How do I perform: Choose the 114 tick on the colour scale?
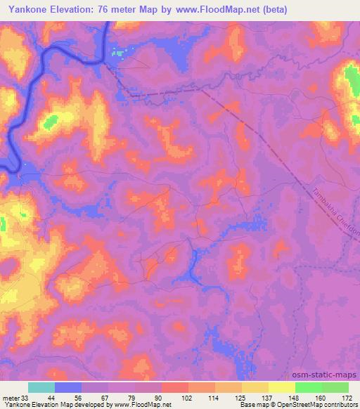(x=214, y=397)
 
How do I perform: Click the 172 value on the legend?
(x=347, y=397)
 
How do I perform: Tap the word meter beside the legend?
(x=10, y=397)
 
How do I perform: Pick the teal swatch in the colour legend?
(x=41, y=387)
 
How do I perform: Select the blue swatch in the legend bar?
(x=68, y=387)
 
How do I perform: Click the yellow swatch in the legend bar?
(x=281, y=387)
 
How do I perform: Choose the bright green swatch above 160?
(x=308, y=387)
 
